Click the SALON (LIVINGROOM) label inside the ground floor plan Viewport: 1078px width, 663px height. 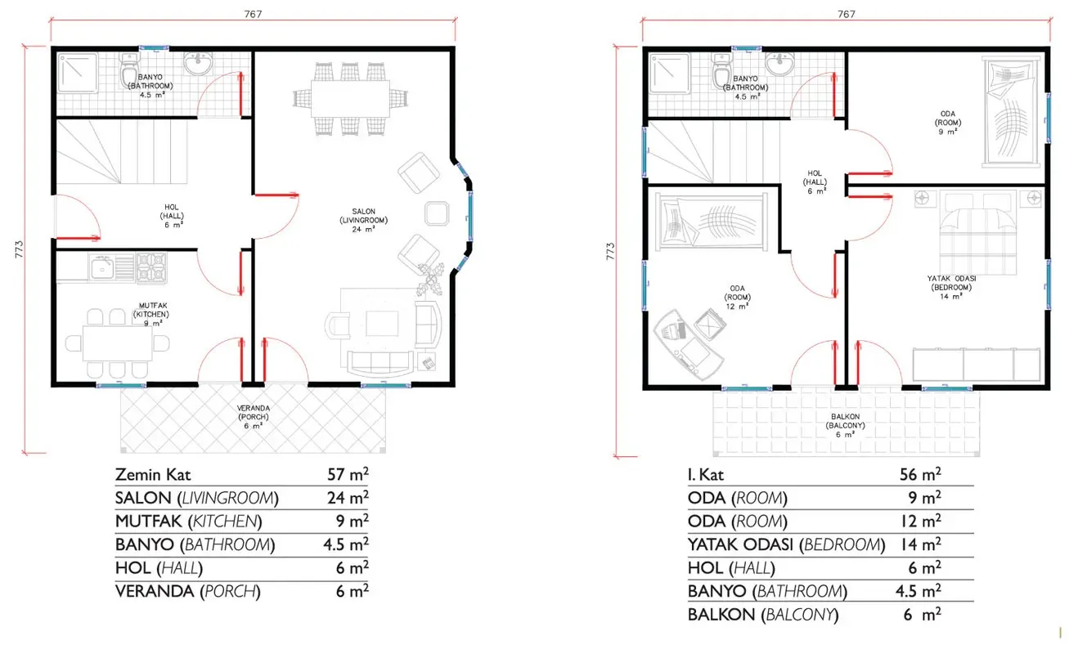coord(363,216)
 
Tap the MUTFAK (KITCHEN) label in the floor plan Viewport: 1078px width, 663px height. coord(152,310)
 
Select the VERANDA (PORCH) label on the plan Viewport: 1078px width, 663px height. coord(253,413)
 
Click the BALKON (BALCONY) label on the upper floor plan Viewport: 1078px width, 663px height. coord(846,421)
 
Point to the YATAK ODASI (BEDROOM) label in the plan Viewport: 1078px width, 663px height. coord(951,283)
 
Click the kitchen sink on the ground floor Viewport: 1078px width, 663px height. coord(101,267)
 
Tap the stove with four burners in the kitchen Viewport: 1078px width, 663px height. coord(151,267)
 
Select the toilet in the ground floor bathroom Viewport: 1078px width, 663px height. coord(129,71)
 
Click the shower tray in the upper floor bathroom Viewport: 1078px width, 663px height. coord(669,73)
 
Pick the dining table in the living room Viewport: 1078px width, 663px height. coord(350,99)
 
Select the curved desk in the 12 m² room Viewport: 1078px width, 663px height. coord(688,345)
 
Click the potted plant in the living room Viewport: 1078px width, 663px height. coord(429,280)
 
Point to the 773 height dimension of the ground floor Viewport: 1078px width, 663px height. coord(19,249)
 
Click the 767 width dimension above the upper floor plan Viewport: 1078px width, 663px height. coord(846,15)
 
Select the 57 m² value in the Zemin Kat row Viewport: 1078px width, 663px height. coord(348,474)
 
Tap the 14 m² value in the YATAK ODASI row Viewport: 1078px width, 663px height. coord(920,544)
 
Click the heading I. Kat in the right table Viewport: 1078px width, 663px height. coord(706,475)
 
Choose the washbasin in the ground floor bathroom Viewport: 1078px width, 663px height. coord(198,64)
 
